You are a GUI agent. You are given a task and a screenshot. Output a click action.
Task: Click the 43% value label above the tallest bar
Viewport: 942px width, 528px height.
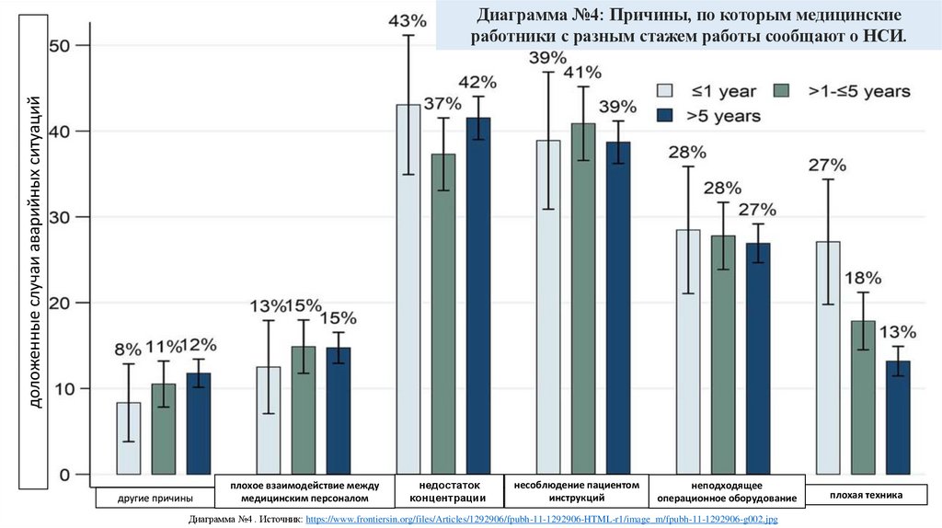coord(408,19)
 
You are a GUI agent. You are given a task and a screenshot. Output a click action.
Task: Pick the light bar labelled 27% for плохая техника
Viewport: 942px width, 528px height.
coord(828,359)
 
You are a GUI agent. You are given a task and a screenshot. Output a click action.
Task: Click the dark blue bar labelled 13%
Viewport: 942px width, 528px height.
coord(898,419)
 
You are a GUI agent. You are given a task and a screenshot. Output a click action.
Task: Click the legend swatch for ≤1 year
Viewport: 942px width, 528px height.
coord(664,90)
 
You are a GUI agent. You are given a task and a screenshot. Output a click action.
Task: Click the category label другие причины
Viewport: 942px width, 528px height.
coord(155,498)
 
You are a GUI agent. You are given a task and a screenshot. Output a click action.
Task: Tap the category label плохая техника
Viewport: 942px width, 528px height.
coord(866,496)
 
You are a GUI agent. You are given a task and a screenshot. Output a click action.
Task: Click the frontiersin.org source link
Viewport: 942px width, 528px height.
coord(541,521)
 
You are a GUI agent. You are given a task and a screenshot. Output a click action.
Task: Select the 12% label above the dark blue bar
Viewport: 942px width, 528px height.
coord(199,345)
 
